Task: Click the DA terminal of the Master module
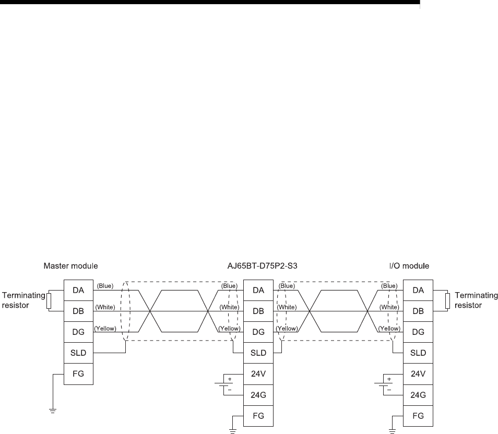click(x=79, y=290)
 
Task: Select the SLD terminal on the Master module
click(x=79, y=353)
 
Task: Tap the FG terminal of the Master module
click(x=79, y=373)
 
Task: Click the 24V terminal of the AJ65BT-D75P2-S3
click(x=258, y=373)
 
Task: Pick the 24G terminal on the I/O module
click(x=418, y=394)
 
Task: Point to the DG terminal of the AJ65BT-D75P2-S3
click(x=258, y=332)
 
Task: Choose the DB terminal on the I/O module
click(x=418, y=311)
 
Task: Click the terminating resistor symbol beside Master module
click(x=48, y=301)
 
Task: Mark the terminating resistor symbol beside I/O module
click(x=447, y=301)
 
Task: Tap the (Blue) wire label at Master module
click(x=105, y=286)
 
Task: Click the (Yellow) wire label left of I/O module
click(x=389, y=328)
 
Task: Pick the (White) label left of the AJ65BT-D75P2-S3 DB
click(x=229, y=307)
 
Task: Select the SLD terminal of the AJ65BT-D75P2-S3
click(x=258, y=353)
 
